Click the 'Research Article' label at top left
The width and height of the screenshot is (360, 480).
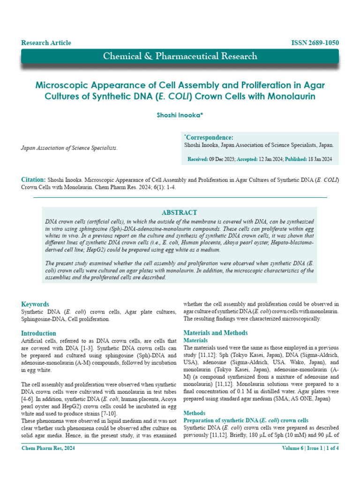coord(46,43)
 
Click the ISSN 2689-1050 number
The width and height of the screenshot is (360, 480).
coord(315,43)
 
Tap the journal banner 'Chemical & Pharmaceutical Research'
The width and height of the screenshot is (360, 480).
coord(180,56)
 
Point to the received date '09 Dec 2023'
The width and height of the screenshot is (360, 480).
coord(222,159)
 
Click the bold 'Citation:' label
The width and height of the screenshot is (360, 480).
coord(33,180)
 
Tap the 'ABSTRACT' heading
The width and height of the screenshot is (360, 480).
coord(179,212)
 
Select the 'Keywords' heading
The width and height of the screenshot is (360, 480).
coord(35,304)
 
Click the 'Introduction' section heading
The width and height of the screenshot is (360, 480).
coord(39,333)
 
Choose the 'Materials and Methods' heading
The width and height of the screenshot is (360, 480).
coord(216,333)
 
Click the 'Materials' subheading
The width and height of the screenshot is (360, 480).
coord(195,340)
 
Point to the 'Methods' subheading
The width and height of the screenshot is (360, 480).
coord(194,413)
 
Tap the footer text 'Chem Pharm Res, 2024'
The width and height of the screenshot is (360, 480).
coord(49,448)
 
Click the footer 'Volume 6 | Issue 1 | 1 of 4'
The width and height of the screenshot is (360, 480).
coord(310,448)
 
